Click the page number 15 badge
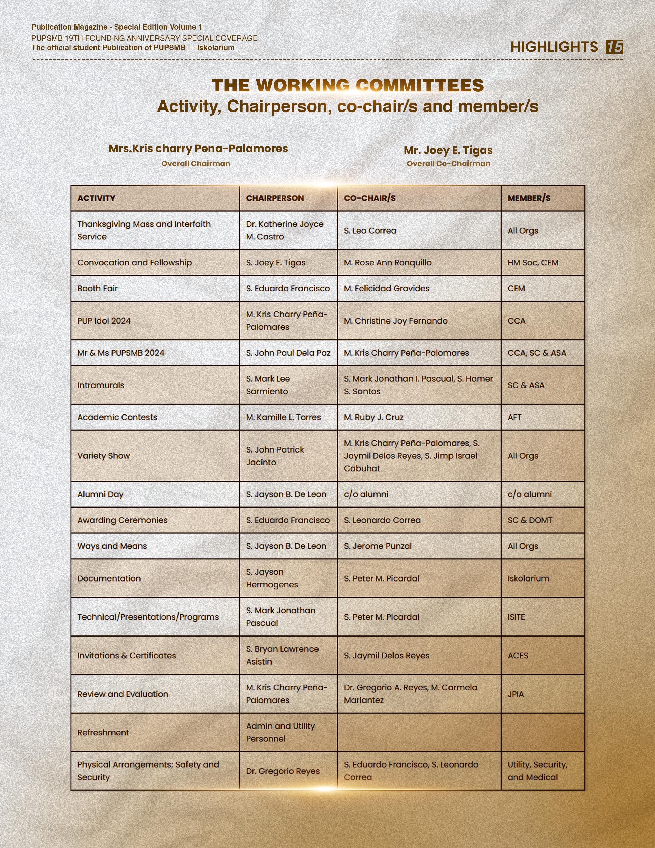pyautogui.click(x=614, y=47)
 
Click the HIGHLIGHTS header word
pyautogui.click(x=554, y=47)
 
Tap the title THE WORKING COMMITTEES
pyautogui.click(x=348, y=85)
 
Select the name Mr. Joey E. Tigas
pyautogui.click(x=448, y=150)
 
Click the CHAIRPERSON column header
pyautogui.click(x=275, y=198)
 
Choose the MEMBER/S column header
pyautogui.click(x=529, y=198)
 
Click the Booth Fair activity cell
pyautogui.click(x=97, y=289)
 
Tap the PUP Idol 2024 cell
pyautogui.click(x=104, y=321)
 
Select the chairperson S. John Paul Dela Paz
pyautogui.click(x=288, y=353)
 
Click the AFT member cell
pyautogui.click(x=514, y=417)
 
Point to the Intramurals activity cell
pyautogui.click(x=101, y=385)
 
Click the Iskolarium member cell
pyautogui.click(x=528, y=578)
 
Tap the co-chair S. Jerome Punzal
pyautogui.click(x=378, y=546)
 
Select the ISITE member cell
pyautogui.click(x=516, y=617)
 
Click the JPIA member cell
pyautogui.click(x=516, y=694)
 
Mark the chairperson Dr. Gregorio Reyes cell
pyautogui.click(x=283, y=771)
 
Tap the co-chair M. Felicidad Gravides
pyautogui.click(x=387, y=289)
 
